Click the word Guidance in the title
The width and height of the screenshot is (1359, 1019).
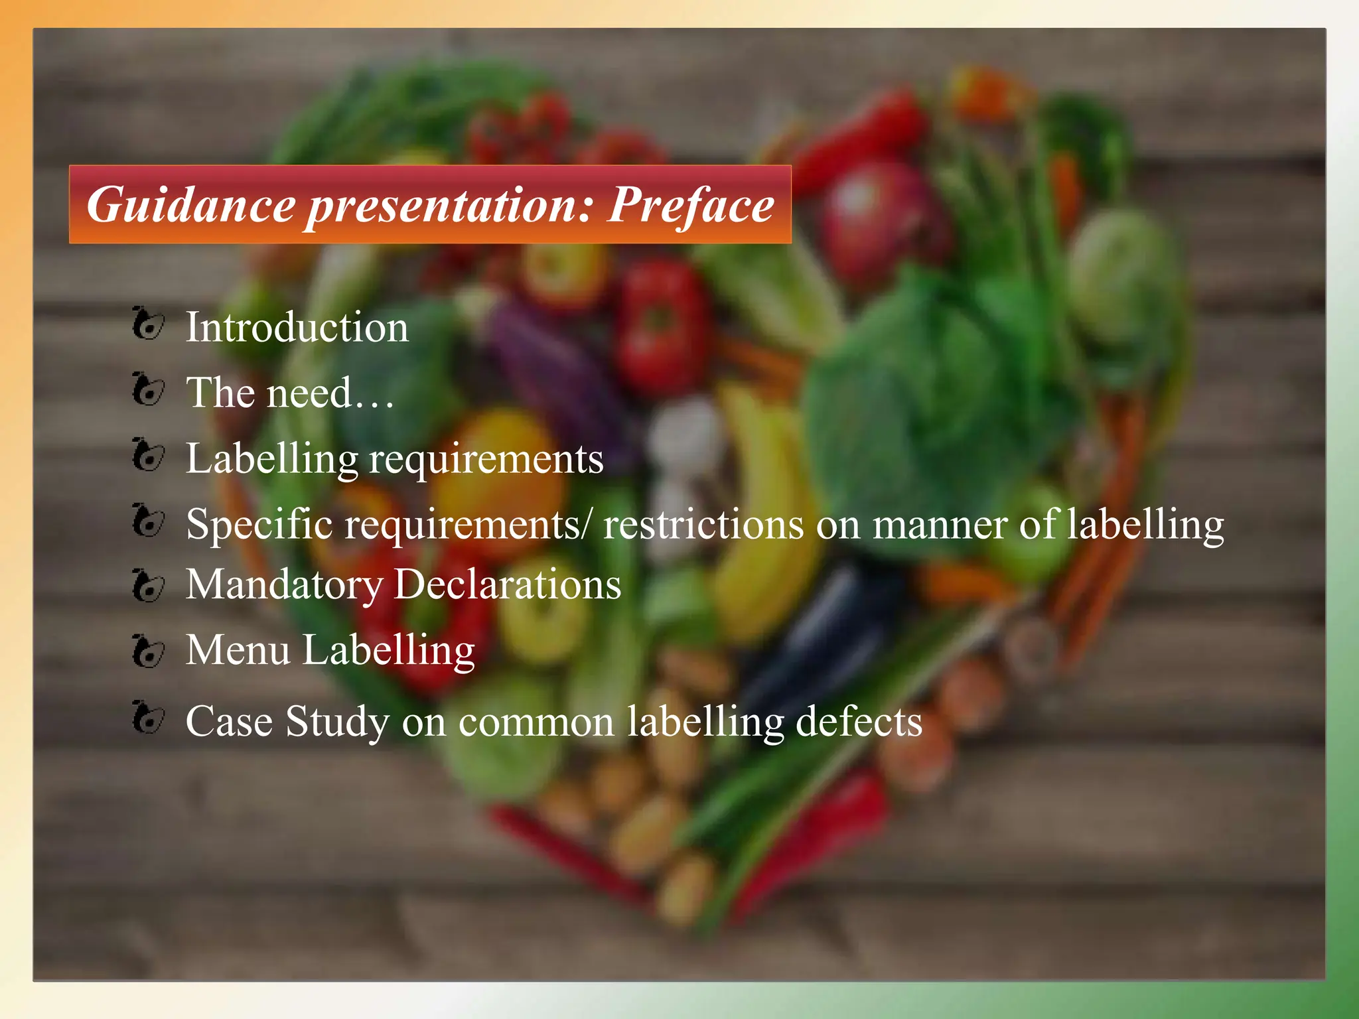tap(191, 205)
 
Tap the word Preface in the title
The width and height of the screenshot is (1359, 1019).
tap(691, 205)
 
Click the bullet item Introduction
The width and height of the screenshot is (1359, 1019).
tap(297, 327)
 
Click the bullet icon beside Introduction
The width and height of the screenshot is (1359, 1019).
tap(147, 324)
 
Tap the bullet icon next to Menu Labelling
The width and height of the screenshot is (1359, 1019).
tap(147, 650)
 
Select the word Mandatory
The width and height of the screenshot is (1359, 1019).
tap(284, 585)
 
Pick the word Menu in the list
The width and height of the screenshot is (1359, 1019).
tap(238, 649)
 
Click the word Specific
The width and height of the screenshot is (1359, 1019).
tap(259, 525)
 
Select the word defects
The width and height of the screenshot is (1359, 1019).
tap(859, 721)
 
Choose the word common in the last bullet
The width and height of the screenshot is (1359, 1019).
tap(536, 722)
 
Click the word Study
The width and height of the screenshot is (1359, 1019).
tap(338, 722)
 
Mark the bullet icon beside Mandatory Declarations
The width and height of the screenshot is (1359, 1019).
tap(147, 585)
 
